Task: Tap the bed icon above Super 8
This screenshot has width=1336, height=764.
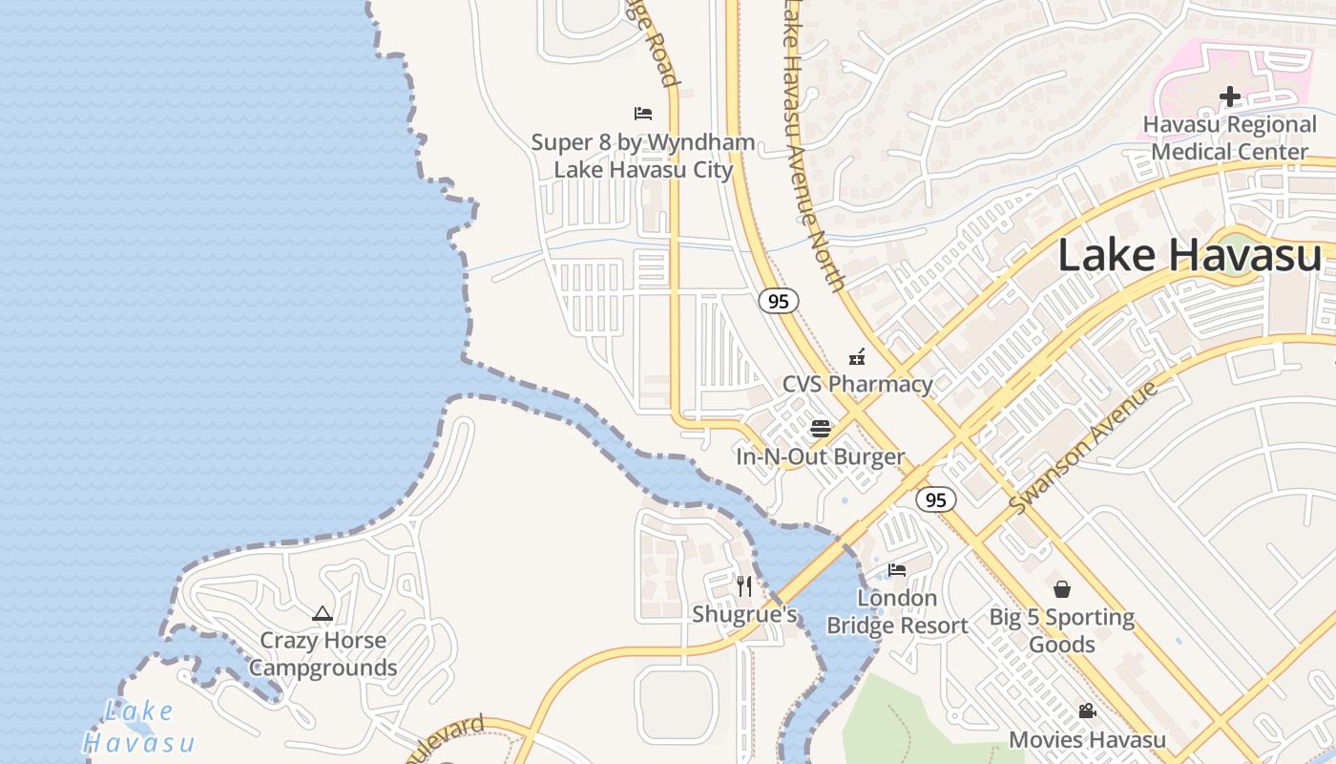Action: (x=643, y=114)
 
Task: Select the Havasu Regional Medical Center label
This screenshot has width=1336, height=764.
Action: (x=1229, y=138)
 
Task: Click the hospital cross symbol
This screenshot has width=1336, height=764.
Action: (x=1229, y=96)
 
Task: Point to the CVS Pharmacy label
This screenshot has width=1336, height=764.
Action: (x=857, y=384)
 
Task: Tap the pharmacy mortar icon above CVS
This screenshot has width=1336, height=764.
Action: (x=857, y=358)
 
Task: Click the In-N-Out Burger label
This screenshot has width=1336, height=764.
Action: (x=820, y=456)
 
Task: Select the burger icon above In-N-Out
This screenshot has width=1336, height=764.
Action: (x=820, y=428)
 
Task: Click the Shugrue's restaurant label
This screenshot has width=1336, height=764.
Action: (x=744, y=614)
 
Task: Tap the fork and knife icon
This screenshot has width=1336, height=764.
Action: (x=744, y=585)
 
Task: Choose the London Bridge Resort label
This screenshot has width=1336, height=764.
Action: (x=897, y=612)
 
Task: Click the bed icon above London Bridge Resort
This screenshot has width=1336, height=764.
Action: (x=897, y=570)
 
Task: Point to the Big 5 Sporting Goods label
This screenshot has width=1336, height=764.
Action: (x=1061, y=630)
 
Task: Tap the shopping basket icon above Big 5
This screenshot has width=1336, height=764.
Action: (x=1061, y=589)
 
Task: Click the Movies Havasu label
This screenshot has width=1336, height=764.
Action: (x=1087, y=739)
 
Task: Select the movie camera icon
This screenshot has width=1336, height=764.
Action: (x=1087, y=711)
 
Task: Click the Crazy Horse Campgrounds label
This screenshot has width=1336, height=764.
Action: (x=323, y=654)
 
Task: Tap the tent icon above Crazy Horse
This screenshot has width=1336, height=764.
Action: (x=323, y=613)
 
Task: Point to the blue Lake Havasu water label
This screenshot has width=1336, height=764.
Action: (x=139, y=727)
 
